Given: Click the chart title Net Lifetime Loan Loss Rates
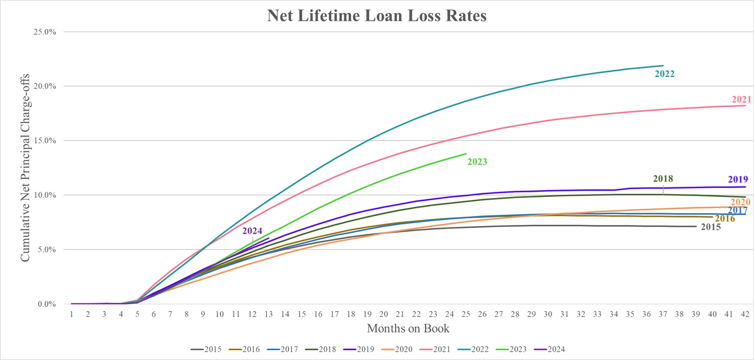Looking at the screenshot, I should click(377, 16).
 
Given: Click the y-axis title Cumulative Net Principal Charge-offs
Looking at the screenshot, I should click(25, 168).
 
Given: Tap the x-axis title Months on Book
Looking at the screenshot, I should click(408, 328).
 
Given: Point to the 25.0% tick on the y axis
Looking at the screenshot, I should click(46, 32).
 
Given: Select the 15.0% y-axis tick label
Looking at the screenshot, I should click(46, 141).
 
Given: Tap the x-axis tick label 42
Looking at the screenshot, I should click(745, 314).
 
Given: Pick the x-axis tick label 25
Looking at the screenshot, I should click(466, 314).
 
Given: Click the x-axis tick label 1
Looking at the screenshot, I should click(72, 314).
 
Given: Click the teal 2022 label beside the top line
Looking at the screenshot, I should click(665, 74).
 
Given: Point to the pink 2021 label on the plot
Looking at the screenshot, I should click(741, 99).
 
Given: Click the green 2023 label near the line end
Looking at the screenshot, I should click(477, 162).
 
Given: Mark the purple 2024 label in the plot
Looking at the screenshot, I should click(252, 231).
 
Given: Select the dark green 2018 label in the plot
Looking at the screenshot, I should click(663, 179).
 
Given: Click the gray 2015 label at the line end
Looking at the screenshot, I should click(711, 227).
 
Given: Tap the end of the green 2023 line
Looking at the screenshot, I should click(466, 154).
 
